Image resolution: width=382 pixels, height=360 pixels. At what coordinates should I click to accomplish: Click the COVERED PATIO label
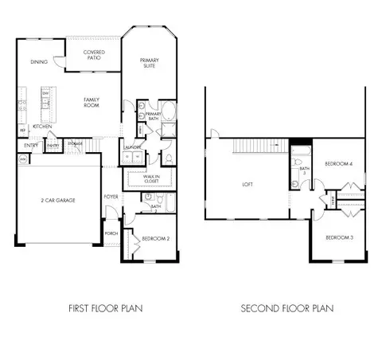tap(96, 56)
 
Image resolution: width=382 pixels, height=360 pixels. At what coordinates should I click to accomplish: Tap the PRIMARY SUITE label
tap(149, 63)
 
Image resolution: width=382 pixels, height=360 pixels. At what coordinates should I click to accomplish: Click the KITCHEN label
tap(43, 127)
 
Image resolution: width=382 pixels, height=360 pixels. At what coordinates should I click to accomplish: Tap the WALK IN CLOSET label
tap(151, 179)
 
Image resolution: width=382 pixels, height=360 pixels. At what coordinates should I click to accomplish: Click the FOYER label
tap(111, 196)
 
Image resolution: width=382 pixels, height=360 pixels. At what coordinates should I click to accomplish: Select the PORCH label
tap(111, 233)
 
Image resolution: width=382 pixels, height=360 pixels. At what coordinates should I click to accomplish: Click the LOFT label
tap(247, 186)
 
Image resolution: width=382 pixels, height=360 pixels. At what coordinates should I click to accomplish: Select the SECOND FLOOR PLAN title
tap(288, 307)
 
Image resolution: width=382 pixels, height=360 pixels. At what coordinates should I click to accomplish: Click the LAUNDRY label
tap(132, 148)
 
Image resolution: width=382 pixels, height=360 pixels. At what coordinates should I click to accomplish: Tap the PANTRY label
tap(53, 146)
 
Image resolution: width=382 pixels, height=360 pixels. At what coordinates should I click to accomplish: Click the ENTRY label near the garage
tap(31, 146)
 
